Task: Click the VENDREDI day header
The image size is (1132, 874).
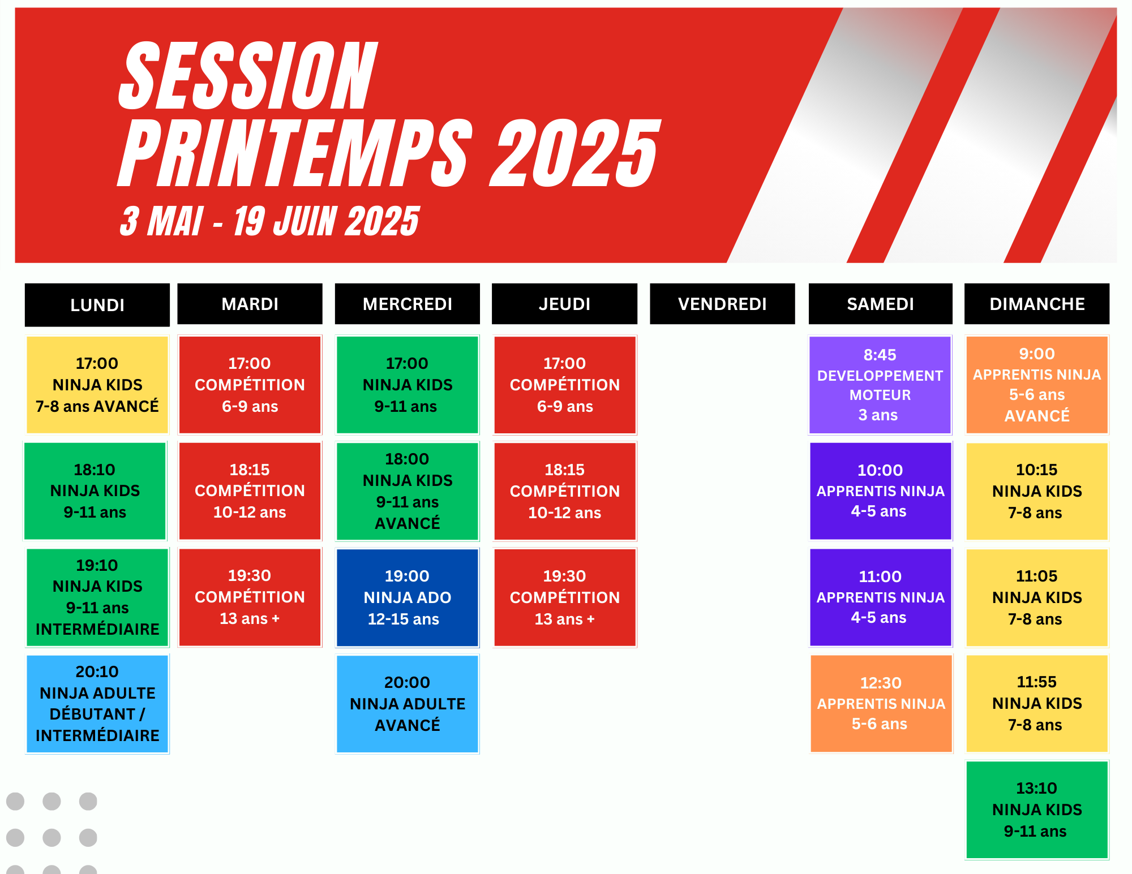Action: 722,304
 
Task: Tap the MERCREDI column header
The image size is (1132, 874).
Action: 408,304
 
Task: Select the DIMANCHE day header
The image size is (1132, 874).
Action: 1037,304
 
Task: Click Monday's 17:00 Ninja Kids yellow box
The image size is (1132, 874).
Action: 97,385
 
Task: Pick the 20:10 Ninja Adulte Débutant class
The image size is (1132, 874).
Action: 97,704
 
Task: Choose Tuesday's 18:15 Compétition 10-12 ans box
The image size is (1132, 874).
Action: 250,491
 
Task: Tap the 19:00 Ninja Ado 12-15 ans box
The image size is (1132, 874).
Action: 408,597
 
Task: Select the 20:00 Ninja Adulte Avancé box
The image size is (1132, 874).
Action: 408,704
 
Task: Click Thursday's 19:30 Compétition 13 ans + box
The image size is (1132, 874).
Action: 565,597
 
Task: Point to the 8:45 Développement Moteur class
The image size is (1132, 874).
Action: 880,385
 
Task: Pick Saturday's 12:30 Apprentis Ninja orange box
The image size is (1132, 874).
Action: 881,704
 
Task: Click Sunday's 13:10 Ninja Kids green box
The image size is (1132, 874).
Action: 1037,810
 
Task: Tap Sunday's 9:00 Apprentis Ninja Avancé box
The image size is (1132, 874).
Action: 1037,385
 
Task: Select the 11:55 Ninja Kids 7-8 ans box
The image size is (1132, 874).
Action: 1037,704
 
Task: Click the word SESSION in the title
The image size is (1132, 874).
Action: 248,76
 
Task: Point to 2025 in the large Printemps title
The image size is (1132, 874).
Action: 574,153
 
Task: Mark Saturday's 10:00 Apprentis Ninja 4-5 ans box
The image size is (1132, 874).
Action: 881,491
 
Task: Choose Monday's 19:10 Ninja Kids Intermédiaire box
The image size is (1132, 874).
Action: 97,597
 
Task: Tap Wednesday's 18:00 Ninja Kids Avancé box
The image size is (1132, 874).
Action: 408,491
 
